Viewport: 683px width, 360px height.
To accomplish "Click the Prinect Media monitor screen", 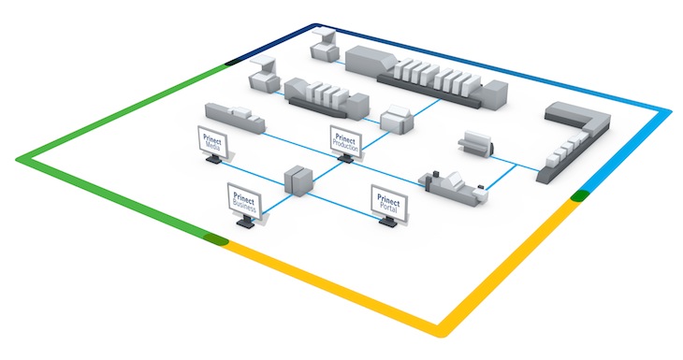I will click(213, 143).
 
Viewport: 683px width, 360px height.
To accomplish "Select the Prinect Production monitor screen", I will click(345, 138).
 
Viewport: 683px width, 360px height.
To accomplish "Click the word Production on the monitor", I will click(347, 142).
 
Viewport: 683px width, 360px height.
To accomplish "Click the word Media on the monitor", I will click(214, 148).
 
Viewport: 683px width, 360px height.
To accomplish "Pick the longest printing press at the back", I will click(429, 74).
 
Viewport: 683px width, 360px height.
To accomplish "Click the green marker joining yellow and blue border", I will click(580, 194).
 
